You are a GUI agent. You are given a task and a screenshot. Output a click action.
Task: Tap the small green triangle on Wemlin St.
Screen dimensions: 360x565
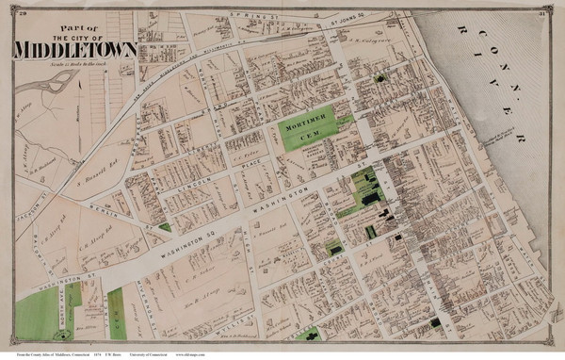click(x=166, y=226)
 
